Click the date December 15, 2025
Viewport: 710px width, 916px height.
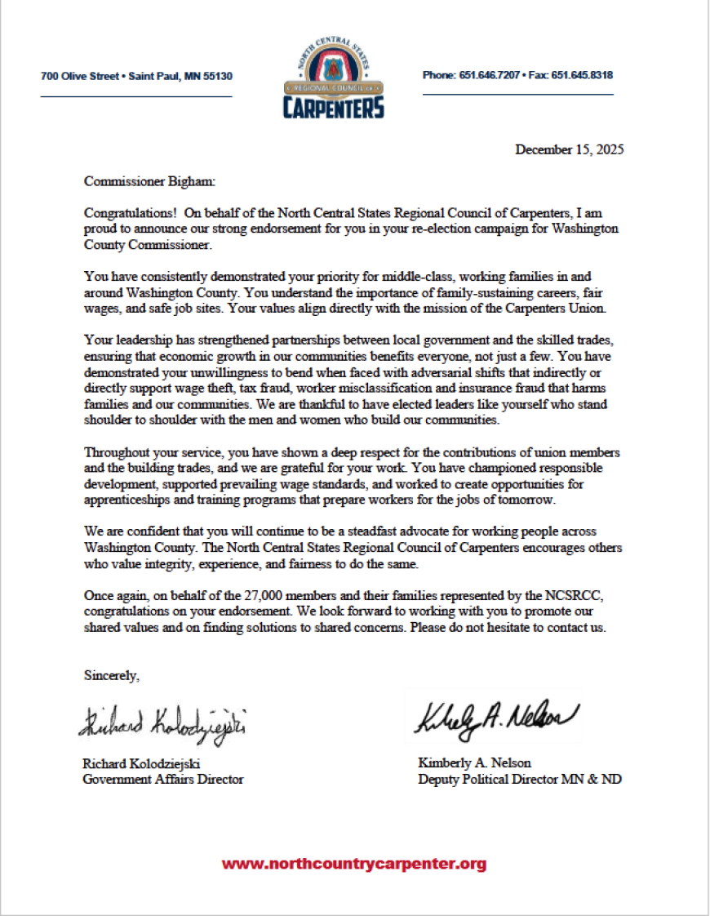pos(570,149)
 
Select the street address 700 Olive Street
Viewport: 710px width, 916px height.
pos(80,76)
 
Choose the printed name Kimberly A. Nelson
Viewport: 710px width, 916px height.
pos(474,763)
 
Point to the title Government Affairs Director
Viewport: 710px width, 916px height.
pos(163,779)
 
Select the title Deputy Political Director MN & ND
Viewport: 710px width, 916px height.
pos(519,779)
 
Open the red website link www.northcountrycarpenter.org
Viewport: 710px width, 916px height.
pos(354,864)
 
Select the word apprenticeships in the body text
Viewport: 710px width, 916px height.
pos(128,500)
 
